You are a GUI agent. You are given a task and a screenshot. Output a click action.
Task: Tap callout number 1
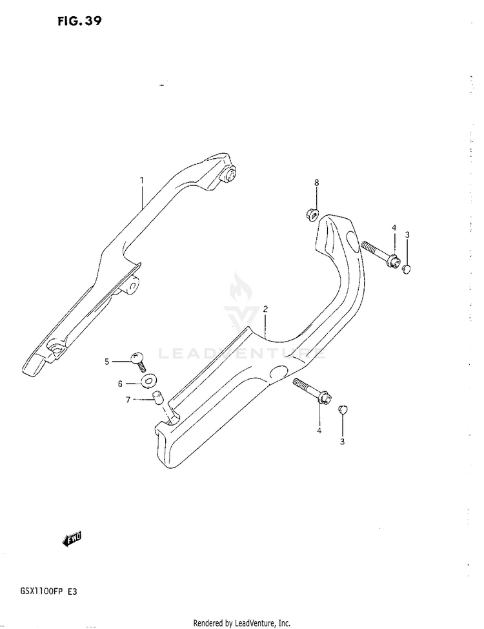click(x=142, y=181)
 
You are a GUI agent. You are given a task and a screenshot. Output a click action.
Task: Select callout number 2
click(x=265, y=309)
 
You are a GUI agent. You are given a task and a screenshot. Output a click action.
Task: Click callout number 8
click(x=316, y=183)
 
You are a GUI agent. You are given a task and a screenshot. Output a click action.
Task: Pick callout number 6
click(x=119, y=383)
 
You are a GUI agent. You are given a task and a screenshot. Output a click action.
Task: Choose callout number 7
click(x=128, y=400)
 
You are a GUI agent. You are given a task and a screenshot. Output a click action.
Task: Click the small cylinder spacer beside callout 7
click(x=156, y=396)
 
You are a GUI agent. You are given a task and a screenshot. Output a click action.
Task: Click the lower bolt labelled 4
click(x=311, y=392)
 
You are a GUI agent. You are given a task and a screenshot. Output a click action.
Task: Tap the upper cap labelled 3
click(x=407, y=268)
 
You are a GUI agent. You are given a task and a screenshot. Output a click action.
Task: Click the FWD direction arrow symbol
click(x=72, y=538)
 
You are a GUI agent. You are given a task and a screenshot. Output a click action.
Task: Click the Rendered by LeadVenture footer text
click(x=242, y=623)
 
